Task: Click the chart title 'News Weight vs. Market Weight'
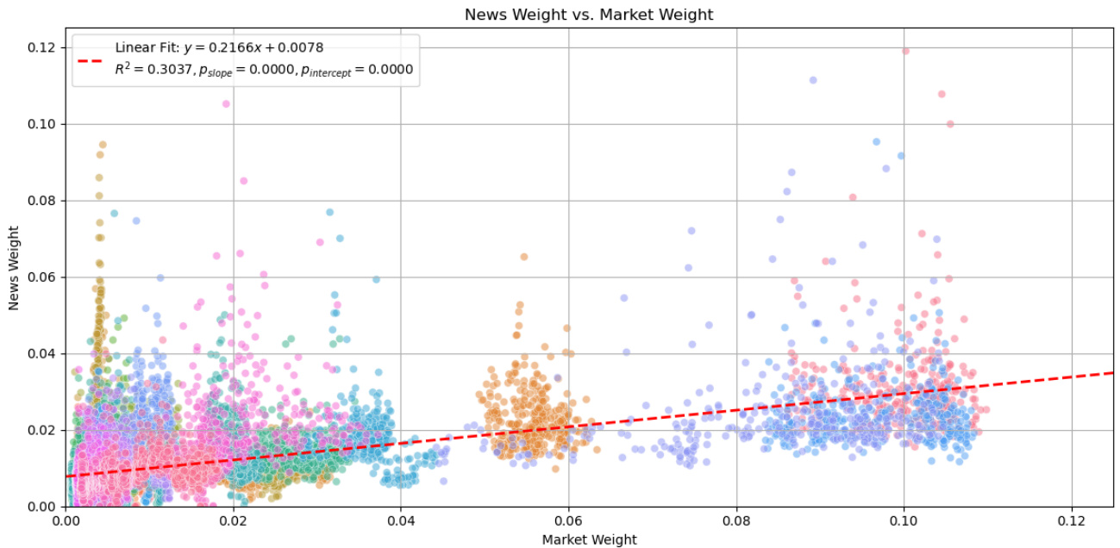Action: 589,15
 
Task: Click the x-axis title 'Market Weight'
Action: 589,539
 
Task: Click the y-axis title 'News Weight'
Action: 13,267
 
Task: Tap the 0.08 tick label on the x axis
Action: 736,520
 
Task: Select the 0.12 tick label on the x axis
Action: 1071,520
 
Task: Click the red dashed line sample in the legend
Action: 92,60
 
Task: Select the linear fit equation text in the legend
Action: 220,47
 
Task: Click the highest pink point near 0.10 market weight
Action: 905,51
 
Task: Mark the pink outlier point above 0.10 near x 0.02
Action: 226,104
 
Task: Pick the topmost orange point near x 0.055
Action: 523,257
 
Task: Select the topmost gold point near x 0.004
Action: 102,145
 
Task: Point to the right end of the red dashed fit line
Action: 1112,372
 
